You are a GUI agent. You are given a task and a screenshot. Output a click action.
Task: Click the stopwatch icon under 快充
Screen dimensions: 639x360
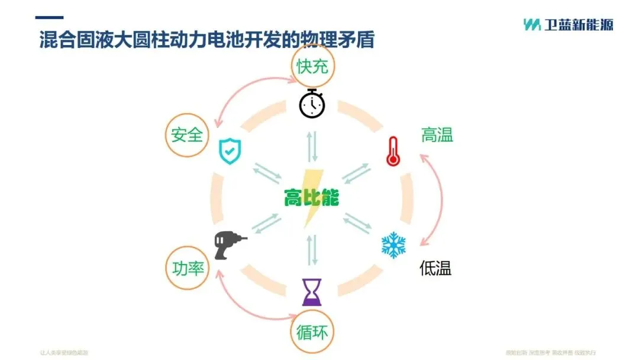[312, 104]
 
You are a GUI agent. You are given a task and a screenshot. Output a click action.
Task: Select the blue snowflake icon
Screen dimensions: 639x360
[393, 245]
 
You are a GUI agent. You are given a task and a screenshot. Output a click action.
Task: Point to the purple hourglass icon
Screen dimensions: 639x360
[312, 292]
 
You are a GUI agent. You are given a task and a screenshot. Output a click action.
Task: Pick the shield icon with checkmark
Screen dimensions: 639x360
[229, 151]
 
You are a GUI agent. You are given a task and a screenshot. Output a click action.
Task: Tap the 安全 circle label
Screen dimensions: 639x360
[187, 135]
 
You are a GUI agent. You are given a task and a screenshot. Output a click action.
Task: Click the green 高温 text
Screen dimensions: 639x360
[437, 135]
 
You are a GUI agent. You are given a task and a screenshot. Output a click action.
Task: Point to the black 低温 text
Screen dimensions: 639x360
[435, 268]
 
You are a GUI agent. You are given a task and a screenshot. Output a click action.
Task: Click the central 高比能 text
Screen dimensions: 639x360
[311, 198]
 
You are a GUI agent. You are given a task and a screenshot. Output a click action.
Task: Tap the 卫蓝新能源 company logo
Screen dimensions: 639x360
[568, 24]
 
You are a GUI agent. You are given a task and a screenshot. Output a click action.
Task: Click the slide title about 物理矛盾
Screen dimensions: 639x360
[206, 40]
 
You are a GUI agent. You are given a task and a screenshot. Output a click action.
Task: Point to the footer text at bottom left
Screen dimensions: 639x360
[64, 352]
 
